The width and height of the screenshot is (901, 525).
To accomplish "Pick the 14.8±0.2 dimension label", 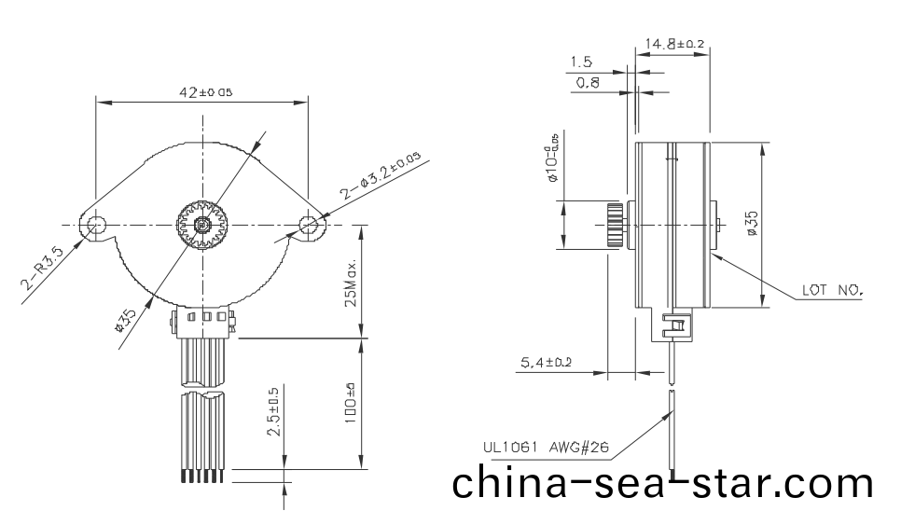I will coord(674,43).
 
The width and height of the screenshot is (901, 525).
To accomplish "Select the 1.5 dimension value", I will coord(581,62).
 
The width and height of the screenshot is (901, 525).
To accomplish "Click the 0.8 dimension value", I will coord(588,83).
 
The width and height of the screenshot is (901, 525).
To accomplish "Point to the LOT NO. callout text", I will coord(833,290).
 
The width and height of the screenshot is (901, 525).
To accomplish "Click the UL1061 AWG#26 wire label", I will coord(546,448).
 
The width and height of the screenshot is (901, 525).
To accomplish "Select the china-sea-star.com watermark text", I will coord(663,485).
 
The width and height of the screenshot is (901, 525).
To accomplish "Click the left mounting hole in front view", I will coord(95,225).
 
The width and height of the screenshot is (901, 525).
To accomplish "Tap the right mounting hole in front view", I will coord(309,224).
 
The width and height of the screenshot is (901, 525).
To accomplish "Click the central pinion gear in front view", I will coord(201,225).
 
